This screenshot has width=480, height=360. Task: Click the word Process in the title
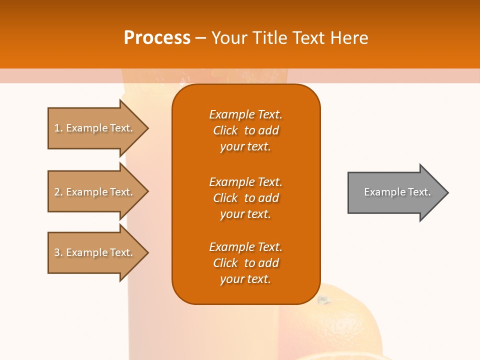[157, 37]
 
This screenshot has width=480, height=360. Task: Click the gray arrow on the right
[395, 192]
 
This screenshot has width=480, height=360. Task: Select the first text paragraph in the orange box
[245, 130]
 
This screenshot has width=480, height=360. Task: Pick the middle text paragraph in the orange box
[245, 197]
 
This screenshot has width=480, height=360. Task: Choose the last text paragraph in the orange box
[245, 263]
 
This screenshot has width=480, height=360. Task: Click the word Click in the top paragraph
[225, 130]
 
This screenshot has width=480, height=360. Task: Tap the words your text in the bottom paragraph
[245, 279]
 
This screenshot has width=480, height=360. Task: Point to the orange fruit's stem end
[324, 300]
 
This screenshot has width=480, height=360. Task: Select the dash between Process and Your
[201, 38]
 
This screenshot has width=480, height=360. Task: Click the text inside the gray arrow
[397, 192]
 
